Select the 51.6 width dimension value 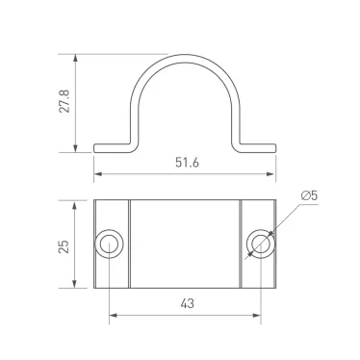[x=186, y=164]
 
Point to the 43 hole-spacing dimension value [x=186, y=303]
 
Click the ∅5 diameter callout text [x=309, y=197]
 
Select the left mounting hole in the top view [x=109, y=244]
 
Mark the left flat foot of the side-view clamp [x=112, y=148]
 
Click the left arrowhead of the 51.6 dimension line [x=97, y=176]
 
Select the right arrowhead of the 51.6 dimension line [x=273, y=176]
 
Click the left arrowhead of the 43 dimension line [x=113, y=315]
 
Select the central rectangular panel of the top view [x=185, y=244]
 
